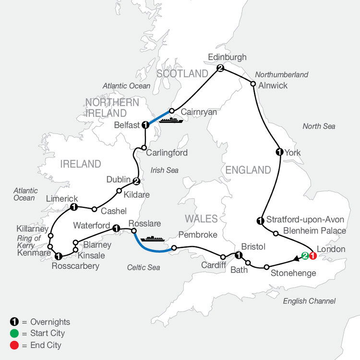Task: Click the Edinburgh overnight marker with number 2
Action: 220,68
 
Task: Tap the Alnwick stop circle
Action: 253,84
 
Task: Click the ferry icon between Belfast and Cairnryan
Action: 171,120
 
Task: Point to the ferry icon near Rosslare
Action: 153,238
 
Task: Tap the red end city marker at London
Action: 312,256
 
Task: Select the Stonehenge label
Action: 293,274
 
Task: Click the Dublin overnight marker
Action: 136,181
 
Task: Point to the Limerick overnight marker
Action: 73,207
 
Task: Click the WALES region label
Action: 202,219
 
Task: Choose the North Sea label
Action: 319,126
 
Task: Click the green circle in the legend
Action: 13,334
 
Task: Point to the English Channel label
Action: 309,301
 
